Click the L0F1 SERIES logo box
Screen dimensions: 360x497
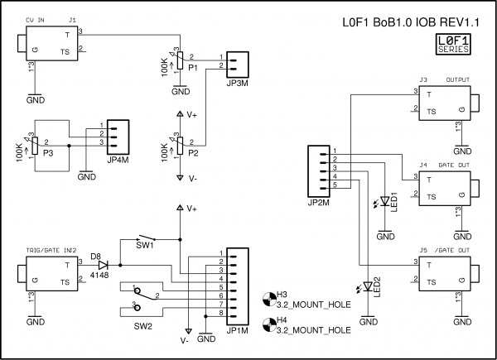[x=454, y=44]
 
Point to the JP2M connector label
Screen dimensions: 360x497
[x=318, y=201]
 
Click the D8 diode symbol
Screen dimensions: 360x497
[x=104, y=265]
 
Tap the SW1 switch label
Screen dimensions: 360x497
[x=144, y=246]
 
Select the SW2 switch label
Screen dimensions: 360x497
[x=143, y=326]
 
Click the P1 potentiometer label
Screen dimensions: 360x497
[x=192, y=68]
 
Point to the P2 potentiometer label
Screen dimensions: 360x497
[x=192, y=153]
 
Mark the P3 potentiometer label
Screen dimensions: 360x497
[x=49, y=153]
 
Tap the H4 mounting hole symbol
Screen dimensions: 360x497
[x=269, y=324]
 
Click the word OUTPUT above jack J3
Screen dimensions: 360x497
[x=458, y=80]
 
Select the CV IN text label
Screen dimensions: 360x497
[x=36, y=18]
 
